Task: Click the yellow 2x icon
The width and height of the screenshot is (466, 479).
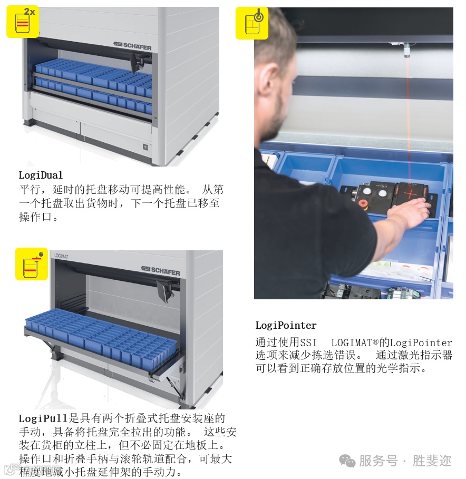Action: click(x=23, y=22)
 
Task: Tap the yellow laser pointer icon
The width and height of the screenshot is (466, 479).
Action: click(x=252, y=24)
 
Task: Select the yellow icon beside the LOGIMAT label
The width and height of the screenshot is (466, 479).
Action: click(x=32, y=264)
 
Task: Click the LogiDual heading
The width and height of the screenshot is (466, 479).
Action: click(x=41, y=175)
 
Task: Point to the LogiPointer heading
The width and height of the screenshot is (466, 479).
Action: click(x=286, y=325)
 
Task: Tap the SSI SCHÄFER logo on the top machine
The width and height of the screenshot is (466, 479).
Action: click(x=132, y=46)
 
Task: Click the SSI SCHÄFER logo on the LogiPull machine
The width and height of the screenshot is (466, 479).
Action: click(x=160, y=270)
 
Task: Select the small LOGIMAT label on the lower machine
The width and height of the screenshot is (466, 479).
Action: click(x=61, y=256)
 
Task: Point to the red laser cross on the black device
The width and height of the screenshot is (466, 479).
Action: click(x=411, y=193)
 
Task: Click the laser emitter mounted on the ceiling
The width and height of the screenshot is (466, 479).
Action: click(x=407, y=50)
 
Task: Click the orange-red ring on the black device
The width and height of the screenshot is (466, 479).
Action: click(x=363, y=203)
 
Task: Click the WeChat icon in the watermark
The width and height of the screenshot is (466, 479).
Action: click(x=347, y=461)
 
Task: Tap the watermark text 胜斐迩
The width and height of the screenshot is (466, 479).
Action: click(x=432, y=461)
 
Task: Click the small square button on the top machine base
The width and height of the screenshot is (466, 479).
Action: click(x=145, y=147)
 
